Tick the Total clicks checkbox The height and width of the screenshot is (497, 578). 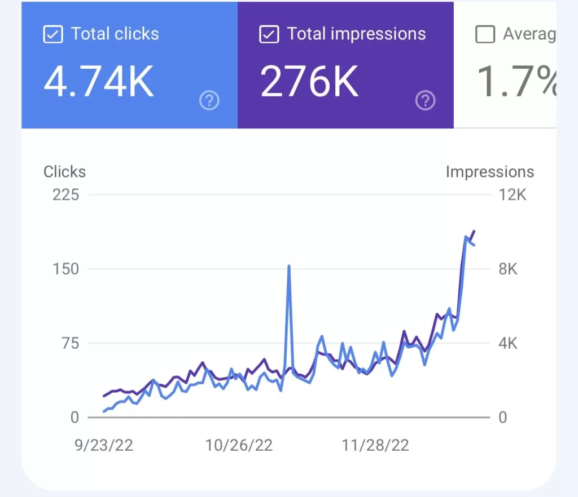52,34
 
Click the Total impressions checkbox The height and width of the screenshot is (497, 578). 269,34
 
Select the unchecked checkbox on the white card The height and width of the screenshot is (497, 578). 485,34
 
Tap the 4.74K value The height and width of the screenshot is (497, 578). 99,82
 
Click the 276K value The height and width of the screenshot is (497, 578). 309,82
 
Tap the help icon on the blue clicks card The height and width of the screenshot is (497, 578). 209,101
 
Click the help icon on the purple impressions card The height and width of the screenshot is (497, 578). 425,101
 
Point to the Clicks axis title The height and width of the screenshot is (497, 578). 64,171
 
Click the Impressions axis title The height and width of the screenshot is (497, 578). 489,171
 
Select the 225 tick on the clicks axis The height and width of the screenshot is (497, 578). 66,195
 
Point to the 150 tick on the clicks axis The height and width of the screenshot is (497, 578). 66,269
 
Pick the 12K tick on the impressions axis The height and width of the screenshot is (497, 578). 513,195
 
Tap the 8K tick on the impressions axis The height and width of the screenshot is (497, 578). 508,269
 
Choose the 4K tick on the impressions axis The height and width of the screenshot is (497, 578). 508,343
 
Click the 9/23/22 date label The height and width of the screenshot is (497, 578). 104,445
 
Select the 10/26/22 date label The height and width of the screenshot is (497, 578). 239,445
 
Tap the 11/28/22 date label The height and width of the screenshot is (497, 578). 375,445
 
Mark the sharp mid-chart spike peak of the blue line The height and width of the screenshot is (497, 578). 289,266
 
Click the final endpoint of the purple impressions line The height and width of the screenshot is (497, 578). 474,231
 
